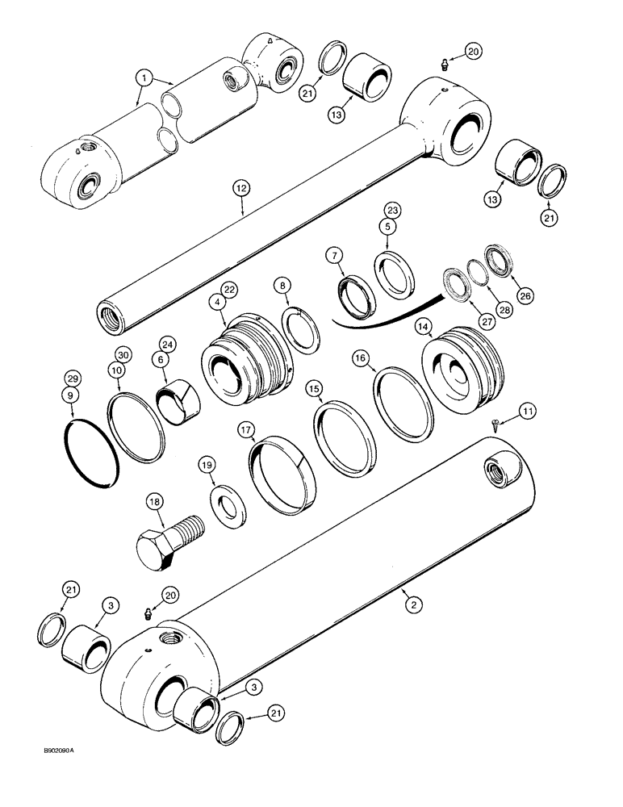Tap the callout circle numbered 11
pos(526,412)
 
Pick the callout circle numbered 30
pos(122,356)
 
